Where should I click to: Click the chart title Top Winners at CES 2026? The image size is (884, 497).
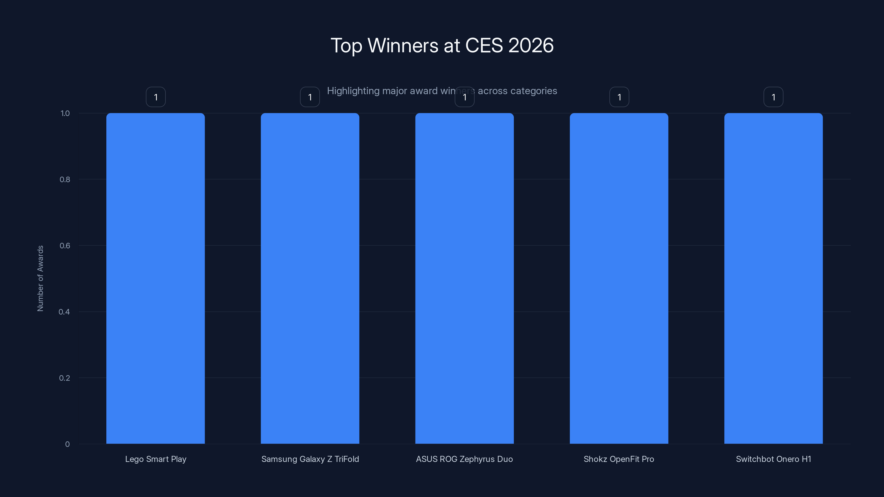442,45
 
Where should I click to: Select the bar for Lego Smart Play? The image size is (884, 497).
156,278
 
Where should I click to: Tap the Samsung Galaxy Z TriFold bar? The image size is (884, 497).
310,278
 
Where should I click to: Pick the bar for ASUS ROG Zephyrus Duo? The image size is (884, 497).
464,278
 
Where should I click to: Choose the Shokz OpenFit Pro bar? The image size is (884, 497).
619,278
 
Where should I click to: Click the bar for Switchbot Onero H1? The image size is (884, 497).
773,278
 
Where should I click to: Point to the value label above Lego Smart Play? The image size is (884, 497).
156,97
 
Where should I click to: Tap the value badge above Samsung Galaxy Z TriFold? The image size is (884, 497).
310,97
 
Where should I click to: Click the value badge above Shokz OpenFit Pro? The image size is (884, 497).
619,97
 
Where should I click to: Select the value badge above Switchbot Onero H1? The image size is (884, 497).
773,97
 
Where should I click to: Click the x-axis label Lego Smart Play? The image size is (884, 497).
156,459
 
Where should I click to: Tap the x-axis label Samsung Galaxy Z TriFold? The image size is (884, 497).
310,459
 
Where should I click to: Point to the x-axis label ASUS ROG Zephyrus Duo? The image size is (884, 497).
464,459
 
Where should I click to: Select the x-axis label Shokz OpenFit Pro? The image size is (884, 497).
619,459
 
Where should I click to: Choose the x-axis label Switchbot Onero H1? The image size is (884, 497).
773,459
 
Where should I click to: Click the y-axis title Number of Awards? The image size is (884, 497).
40,278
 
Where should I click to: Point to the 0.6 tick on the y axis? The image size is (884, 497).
65,245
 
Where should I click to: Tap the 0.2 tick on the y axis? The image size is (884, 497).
65,378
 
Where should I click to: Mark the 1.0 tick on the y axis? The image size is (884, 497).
65,113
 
